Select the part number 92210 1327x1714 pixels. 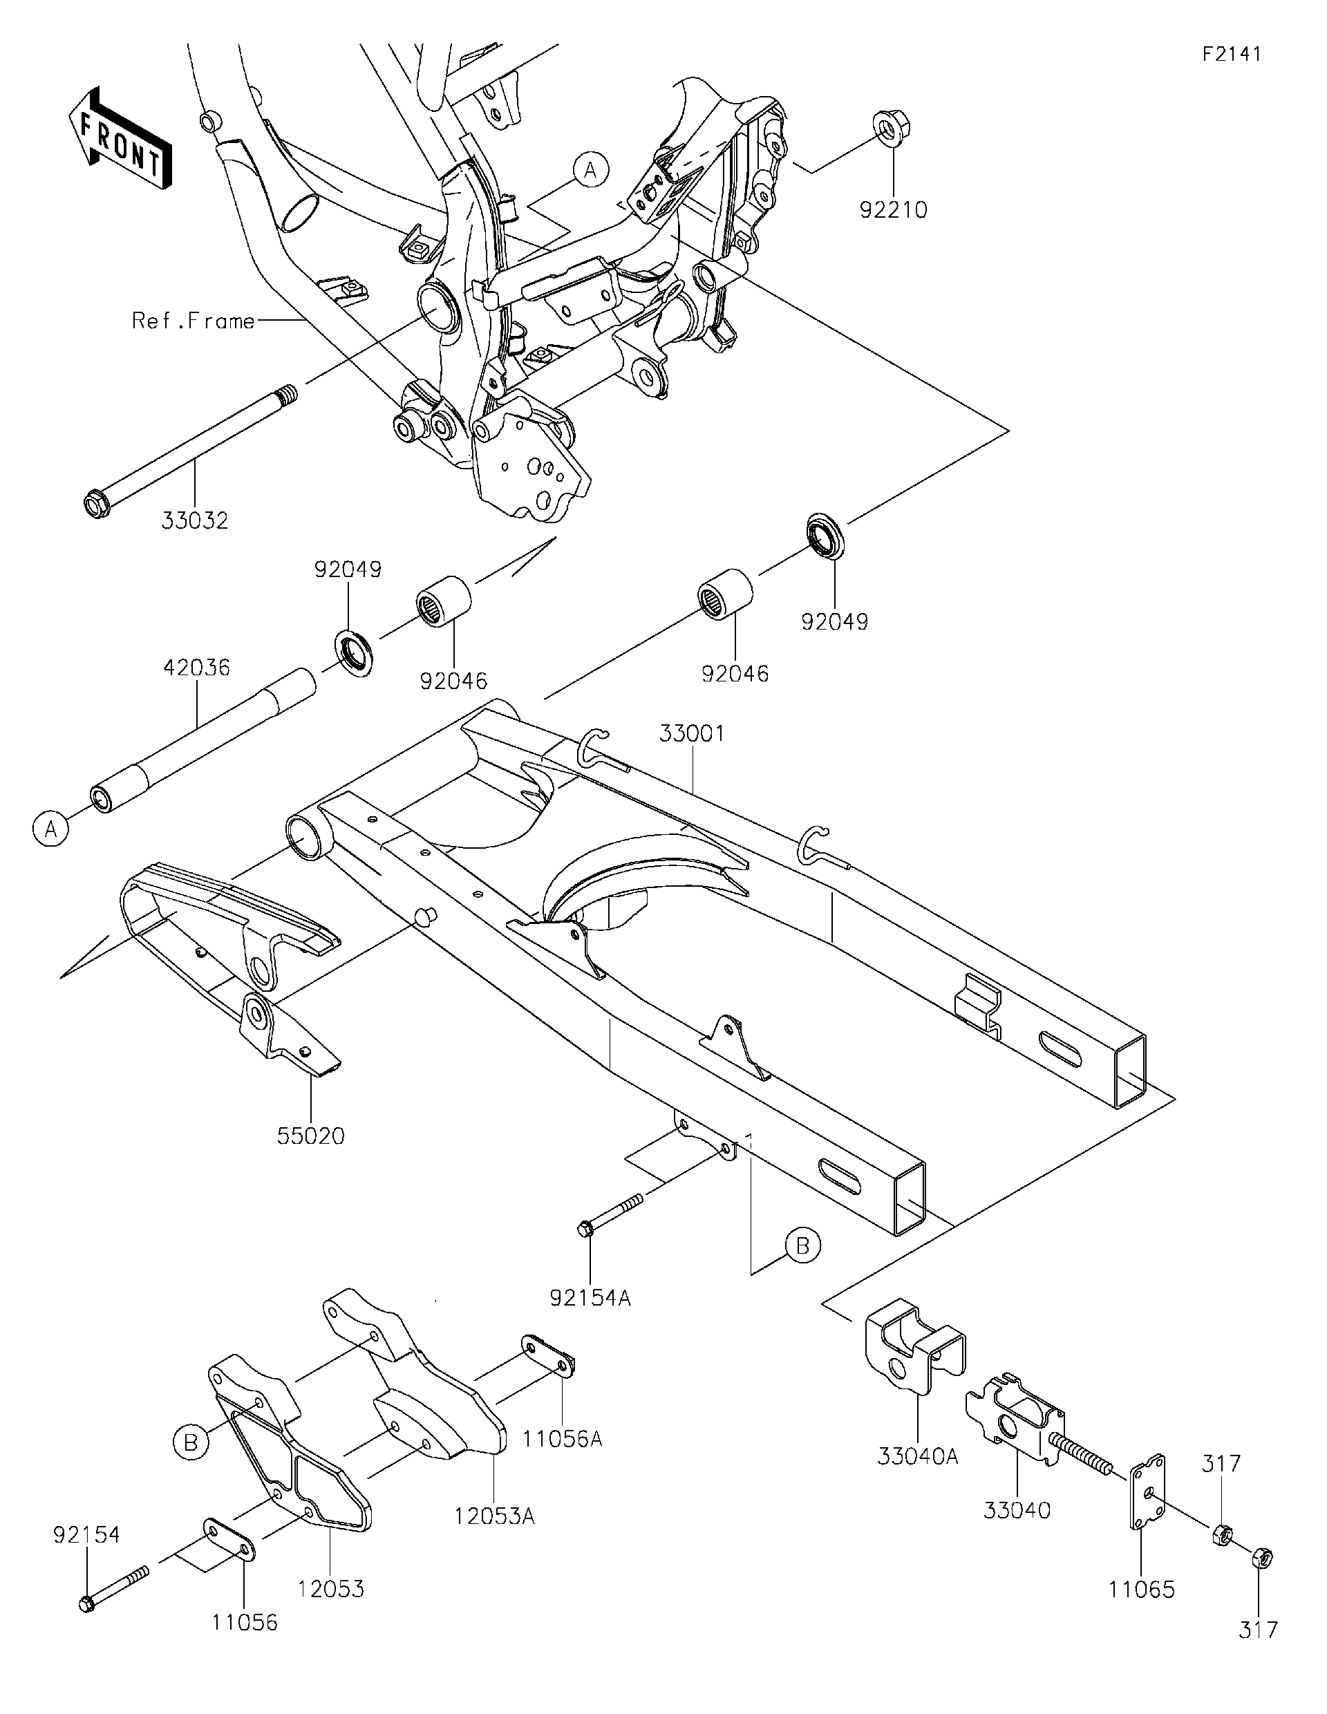[x=893, y=210]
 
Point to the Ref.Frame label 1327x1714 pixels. [x=193, y=321]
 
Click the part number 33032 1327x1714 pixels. [x=195, y=520]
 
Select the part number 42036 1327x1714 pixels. [x=196, y=668]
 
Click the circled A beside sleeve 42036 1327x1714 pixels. [x=51, y=829]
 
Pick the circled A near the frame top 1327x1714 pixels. [x=591, y=169]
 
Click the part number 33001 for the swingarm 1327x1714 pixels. [x=691, y=734]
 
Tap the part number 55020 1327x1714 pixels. [x=311, y=1136]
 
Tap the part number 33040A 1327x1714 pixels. [x=917, y=1457]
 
